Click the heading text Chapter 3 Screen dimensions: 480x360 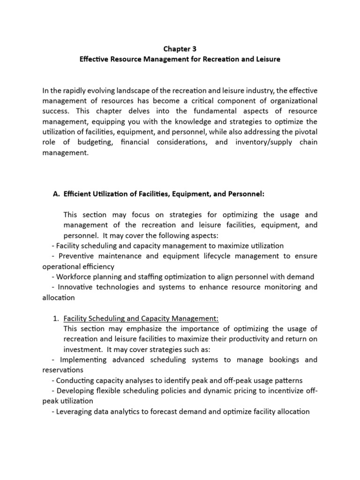coord(180,49)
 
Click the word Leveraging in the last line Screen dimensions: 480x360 coord(75,412)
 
